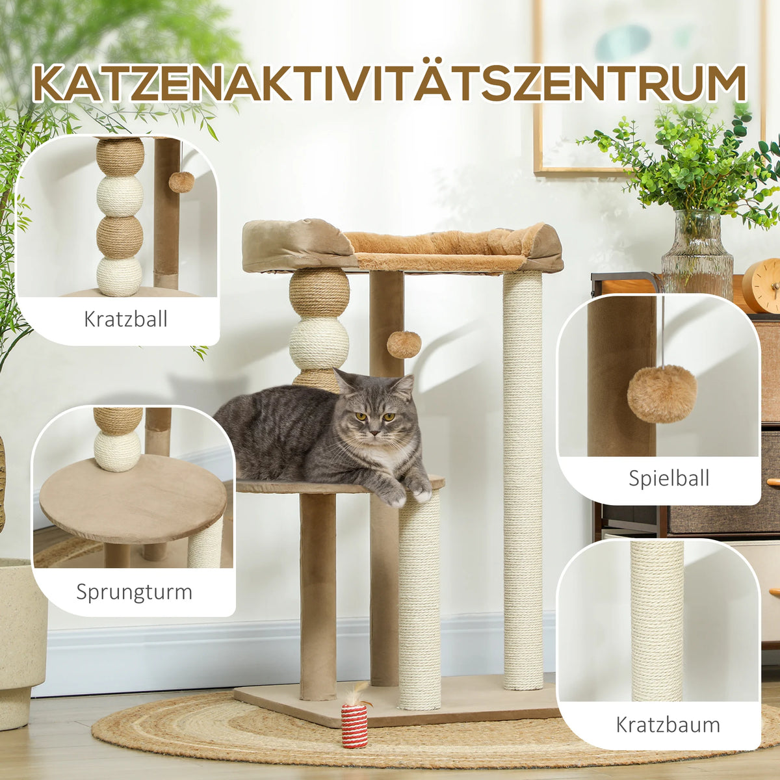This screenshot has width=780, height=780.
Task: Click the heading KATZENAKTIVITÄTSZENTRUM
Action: point(390,83)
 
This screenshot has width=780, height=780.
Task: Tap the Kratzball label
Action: point(125,319)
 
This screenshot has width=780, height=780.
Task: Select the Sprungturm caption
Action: point(134,592)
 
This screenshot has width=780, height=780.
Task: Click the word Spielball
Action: point(668,478)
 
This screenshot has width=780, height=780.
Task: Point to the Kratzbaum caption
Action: point(668,724)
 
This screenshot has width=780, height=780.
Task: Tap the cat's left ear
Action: point(403,387)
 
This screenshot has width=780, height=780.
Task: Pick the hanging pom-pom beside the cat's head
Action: point(404,344)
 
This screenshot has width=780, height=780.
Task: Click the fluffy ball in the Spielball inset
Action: point(661,393)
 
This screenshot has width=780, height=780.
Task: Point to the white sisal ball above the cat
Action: point(318,343)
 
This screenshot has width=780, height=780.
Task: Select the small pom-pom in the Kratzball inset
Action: point(181,182)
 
